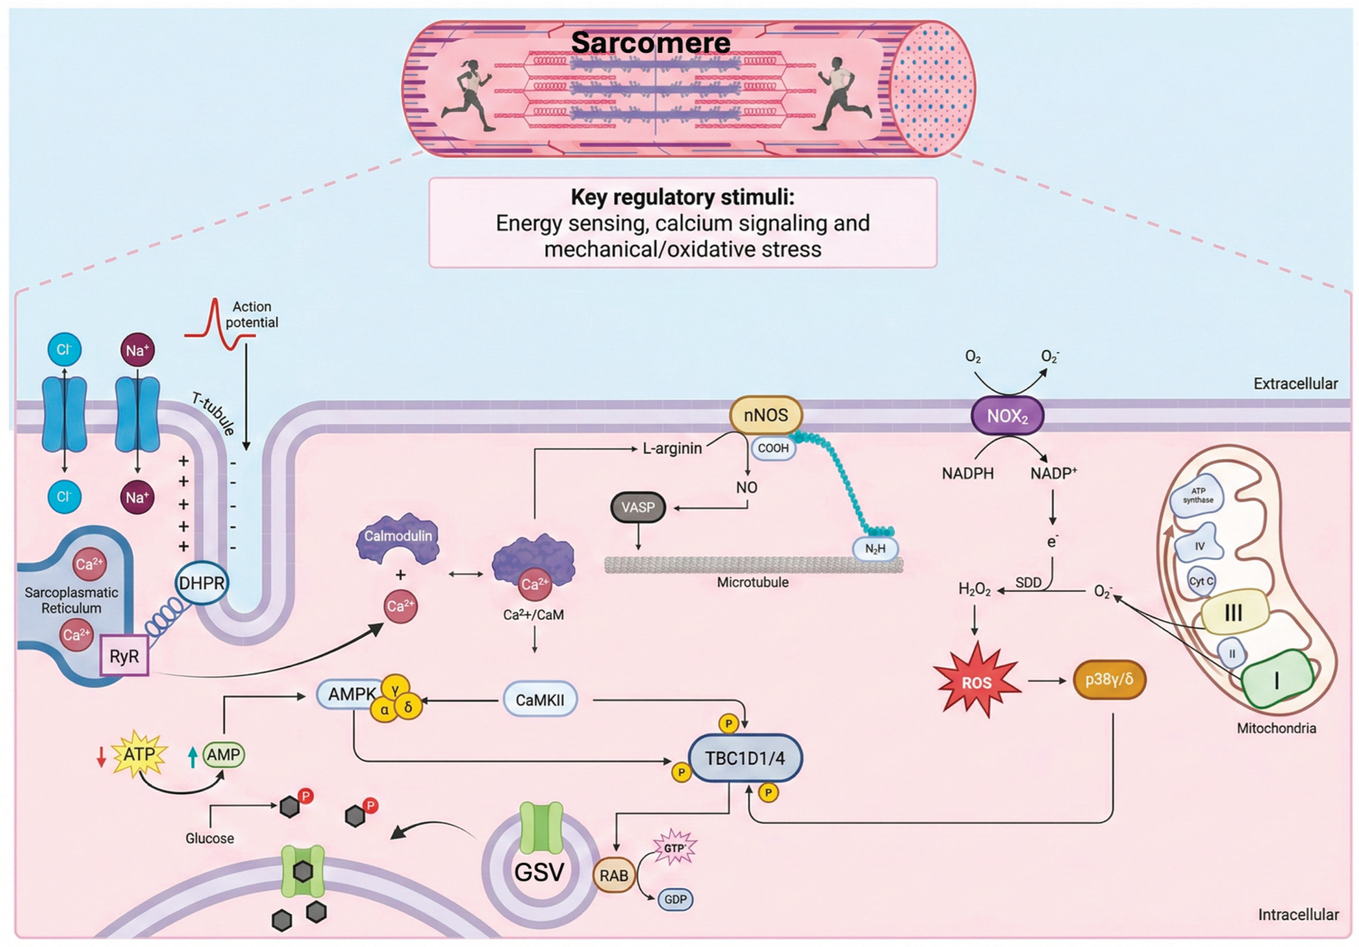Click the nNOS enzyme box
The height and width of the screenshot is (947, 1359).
766,416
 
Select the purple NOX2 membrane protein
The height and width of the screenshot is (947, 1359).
1007,416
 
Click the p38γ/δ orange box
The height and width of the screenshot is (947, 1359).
1109,679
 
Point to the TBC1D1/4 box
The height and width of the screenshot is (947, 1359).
745,758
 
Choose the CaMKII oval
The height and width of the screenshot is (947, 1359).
540,700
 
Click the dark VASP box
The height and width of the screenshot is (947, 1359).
638,507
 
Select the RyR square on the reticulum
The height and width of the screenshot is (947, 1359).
124,655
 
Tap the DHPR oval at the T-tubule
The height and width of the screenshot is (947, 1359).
202,583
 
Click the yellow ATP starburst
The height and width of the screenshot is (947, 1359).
139,754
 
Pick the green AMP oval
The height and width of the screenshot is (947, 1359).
224,755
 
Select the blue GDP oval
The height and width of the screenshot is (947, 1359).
675,899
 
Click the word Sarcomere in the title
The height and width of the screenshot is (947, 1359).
650,43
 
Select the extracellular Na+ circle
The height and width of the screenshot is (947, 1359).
137,351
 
